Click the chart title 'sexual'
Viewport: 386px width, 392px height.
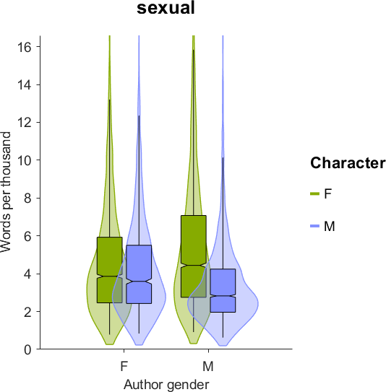point(166,8)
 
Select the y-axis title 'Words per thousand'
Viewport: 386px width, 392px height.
point(6,192)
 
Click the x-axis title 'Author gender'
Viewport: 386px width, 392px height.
point(166,384)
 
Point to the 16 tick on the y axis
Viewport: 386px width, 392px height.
point(38,47)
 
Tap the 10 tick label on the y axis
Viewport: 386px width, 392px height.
point(25,160)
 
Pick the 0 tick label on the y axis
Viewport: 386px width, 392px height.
point(28,349)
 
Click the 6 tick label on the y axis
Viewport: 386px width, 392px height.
point(28,236)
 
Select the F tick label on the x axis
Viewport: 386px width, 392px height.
point(124,367)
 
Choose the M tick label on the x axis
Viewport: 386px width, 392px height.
point(208,367)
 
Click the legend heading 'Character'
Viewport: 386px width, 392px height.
point(348,163)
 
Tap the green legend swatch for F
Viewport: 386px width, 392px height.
point(314,193)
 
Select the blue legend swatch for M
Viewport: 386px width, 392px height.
point(314,226)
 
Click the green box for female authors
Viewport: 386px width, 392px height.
point(110,270)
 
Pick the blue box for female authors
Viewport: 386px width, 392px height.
point(139,274)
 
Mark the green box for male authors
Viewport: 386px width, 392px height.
point(194,256)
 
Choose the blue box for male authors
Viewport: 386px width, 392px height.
point(223,290)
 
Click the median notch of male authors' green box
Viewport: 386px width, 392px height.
point(194,265)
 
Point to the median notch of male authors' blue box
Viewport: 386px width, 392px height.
point(223,296)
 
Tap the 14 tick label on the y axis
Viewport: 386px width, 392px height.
point(25,84)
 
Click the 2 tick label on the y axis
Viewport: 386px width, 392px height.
point(28,312)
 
